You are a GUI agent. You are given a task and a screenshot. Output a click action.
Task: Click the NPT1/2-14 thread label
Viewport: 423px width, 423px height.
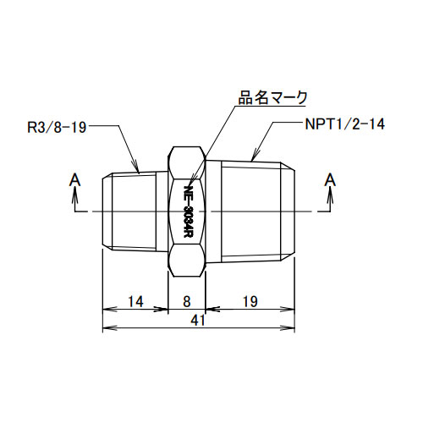[345, 124]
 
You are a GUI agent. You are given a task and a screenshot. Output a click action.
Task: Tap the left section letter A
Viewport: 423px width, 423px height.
[75, 179]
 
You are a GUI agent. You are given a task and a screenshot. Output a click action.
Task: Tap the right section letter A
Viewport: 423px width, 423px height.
[330, 179]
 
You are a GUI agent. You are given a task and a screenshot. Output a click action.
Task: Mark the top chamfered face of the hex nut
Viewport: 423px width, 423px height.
[187, 152]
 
